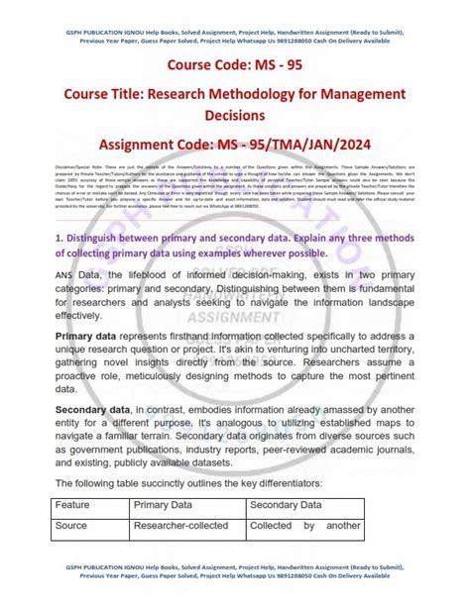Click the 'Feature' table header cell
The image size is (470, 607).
pyautogui.click(x=74, y=534)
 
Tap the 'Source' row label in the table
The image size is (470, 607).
pyautogui.click(x=72, y=555)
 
